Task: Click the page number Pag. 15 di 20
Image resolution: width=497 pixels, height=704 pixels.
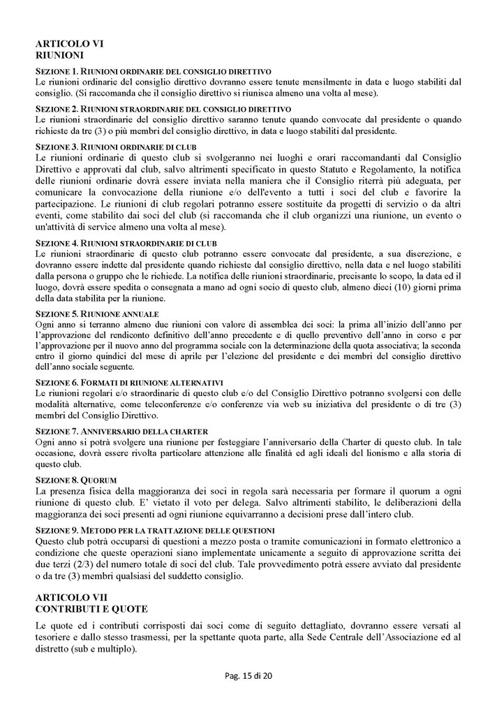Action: [x=248, y=676]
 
